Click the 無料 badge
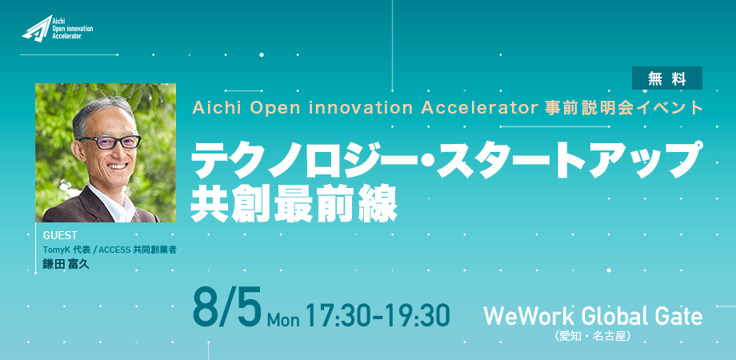pyautogui.click(x=666, y=78)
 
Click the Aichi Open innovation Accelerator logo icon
pyautogui.click(x=37, y=29)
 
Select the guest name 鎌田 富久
pyautogui.click(x=66, y=264)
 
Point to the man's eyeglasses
pyautogui.click(x=110, y=142)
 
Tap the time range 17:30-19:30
pyautogui.click(x=378, y=314)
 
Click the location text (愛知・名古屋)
pyautogui.click(x=592, y=336)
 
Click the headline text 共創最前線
pyautogui.click(x=294, y=205)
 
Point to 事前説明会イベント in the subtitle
pyautogui.click(x=623, y=108)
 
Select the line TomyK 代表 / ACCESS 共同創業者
pyautogui.click(x=110, y=250)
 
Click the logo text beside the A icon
pyautogui.click(x=72, y=29)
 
